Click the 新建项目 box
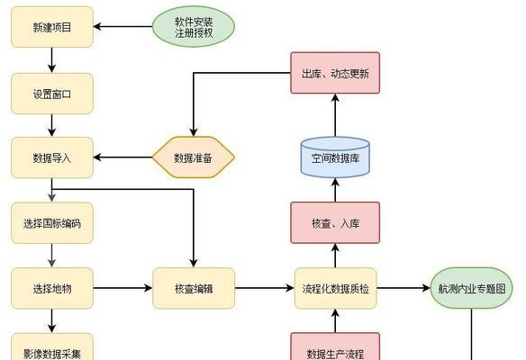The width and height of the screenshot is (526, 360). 52,27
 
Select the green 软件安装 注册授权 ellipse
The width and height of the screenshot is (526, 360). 194,27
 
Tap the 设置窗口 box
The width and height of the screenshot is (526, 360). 52,94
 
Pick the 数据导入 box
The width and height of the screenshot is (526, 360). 52,157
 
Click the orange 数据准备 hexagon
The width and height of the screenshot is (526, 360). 194,157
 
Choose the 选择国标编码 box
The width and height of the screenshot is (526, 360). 52,223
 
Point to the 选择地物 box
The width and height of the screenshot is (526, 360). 52,288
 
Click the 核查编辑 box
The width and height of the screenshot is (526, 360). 194,288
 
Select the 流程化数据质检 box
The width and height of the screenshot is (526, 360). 335,288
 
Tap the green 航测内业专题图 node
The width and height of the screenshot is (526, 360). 471,288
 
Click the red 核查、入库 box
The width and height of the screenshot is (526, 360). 335,222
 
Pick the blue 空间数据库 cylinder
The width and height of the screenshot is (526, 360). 335,157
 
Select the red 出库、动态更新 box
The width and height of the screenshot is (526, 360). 335,73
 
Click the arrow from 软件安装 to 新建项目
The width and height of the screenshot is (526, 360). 122,26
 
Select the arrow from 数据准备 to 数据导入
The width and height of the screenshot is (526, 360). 122,157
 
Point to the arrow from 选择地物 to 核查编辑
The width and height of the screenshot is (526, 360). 122,288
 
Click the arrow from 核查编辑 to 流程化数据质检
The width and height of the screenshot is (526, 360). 265,288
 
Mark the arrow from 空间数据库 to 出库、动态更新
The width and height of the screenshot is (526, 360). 335,115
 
